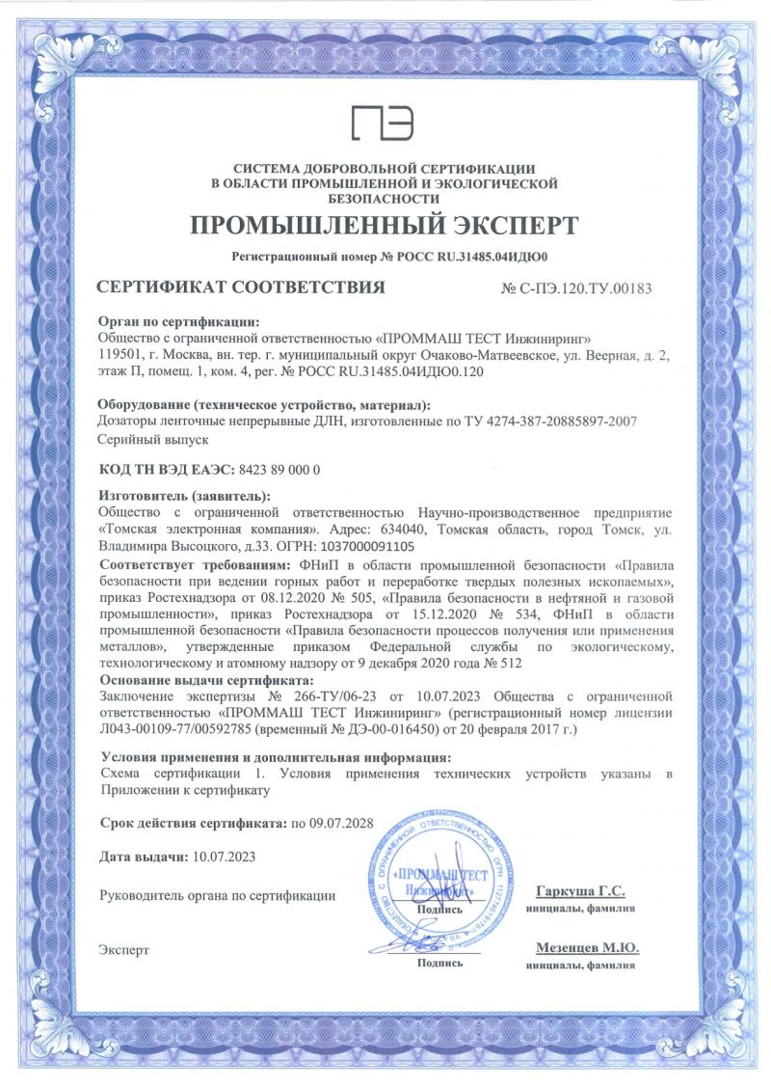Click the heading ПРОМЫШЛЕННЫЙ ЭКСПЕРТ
(385, 227)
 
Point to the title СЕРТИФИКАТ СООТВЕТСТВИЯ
(242, 286)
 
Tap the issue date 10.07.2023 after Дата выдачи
(224, 857)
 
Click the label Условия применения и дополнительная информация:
(275, 757)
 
